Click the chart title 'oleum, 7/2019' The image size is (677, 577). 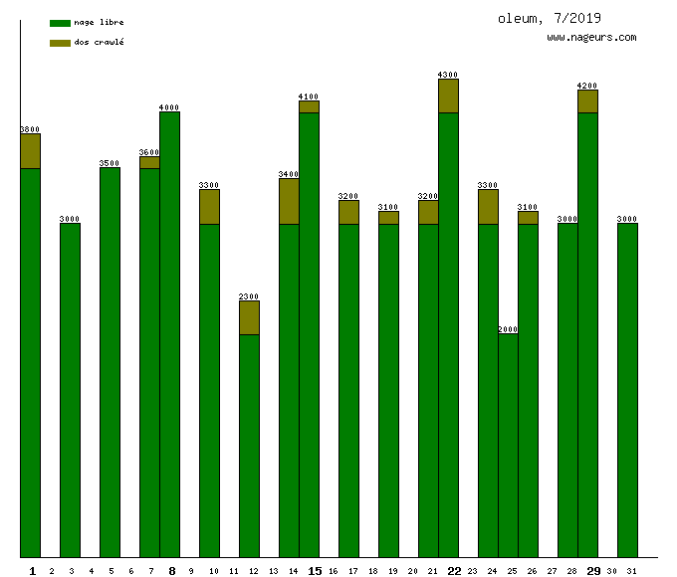click(550, 18)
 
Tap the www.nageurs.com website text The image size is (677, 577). click(591, 38)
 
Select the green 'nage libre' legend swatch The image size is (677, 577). click(60, 23)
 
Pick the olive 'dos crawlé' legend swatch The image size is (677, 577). click(60, 43)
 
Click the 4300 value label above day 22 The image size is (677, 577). click(448, 75)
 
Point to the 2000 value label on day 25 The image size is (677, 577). click(508, 329)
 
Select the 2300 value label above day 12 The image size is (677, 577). click(249, 296)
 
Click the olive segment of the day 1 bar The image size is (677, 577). click(30, 150)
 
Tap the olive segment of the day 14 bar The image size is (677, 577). click(289, 201)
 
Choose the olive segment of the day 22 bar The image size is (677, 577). click(448, 96)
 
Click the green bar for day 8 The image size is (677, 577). click(169, 333)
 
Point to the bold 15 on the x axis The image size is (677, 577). click(315, 571)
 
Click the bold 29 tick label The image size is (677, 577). click(593, 571)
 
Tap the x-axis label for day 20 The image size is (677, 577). click(413, 571)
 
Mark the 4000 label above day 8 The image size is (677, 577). click(169, 107)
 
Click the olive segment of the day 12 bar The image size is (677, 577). click(249, 317)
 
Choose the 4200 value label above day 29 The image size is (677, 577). click(587, 86)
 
